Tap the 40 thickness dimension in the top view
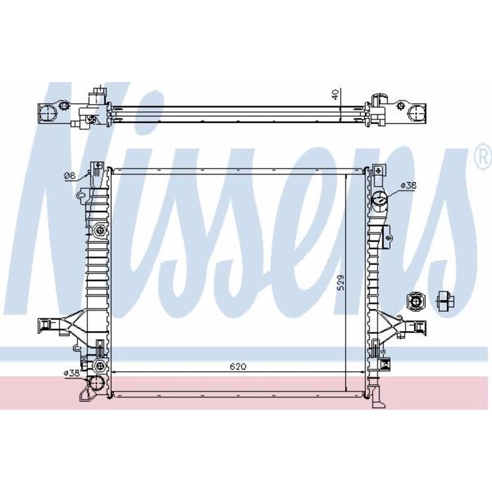click(x=338, y=94)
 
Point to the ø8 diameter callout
click(x=69, y=176)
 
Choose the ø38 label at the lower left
click(x=71, y=373)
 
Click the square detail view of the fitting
click(x=415, y=302)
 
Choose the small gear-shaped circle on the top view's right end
click(x=401, y=105)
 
